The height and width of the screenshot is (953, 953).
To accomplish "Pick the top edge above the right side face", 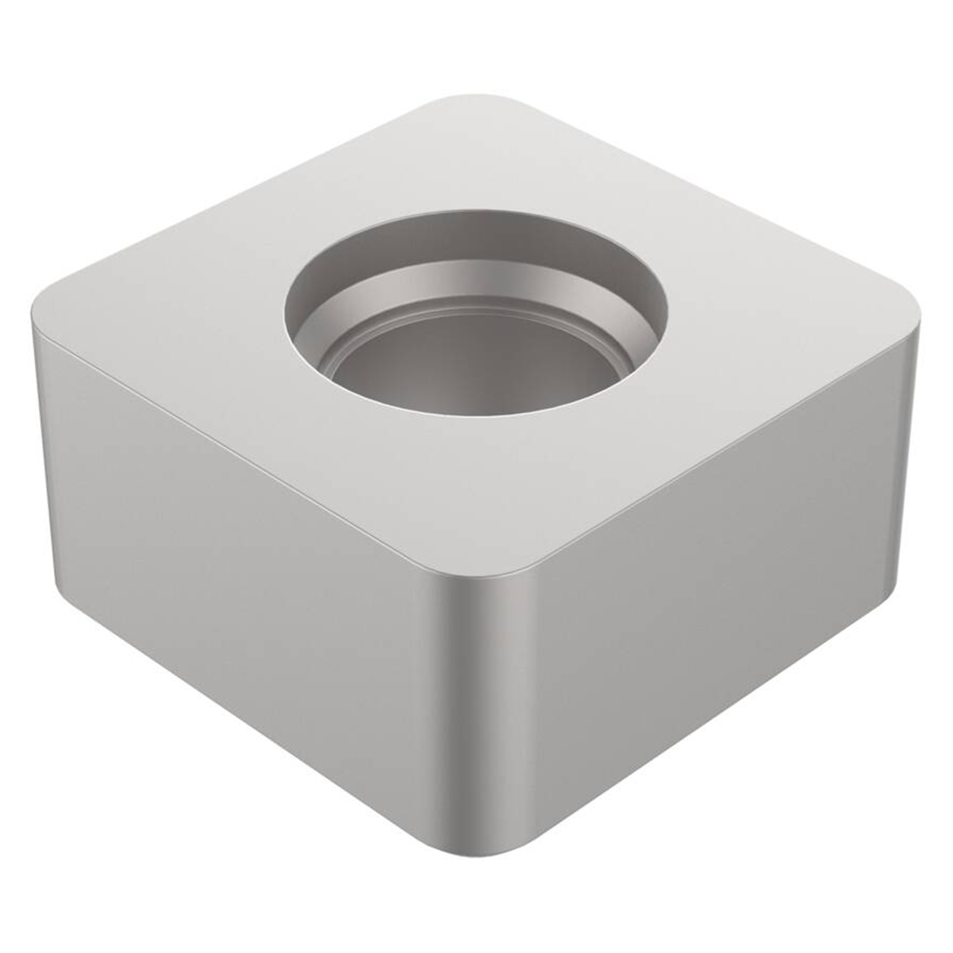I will point(707,454).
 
